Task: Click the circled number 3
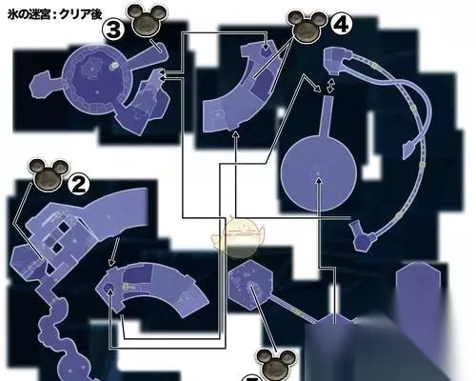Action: (x=113, y=30)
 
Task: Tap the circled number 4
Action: (x=341, y=25)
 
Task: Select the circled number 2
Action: (x=79, y=186)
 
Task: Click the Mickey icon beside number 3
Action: (x=146, y=20)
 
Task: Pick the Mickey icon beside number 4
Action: (x=307, y=27)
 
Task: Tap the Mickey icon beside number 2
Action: (x=49, y=175)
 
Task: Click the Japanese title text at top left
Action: (x=54, y=14)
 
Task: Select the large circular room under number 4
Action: (x=319, y=172)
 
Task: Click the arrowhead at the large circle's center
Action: (x=319, y=180)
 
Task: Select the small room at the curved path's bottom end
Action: (x=363, y=236)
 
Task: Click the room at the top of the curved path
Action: (x=336, y=59)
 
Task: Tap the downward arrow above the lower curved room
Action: (x=114, y=252)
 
